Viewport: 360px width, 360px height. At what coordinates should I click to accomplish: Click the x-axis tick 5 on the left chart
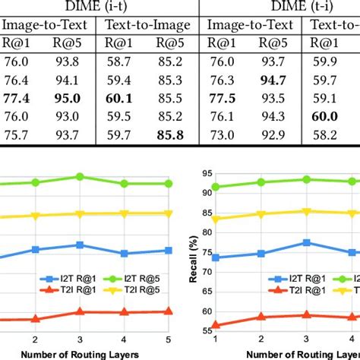(x=167, y=339)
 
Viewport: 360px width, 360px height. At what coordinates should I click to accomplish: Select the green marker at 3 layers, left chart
(x=79, y=177)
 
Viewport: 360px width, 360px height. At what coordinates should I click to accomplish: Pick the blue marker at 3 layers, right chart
(x=305, y=242)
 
